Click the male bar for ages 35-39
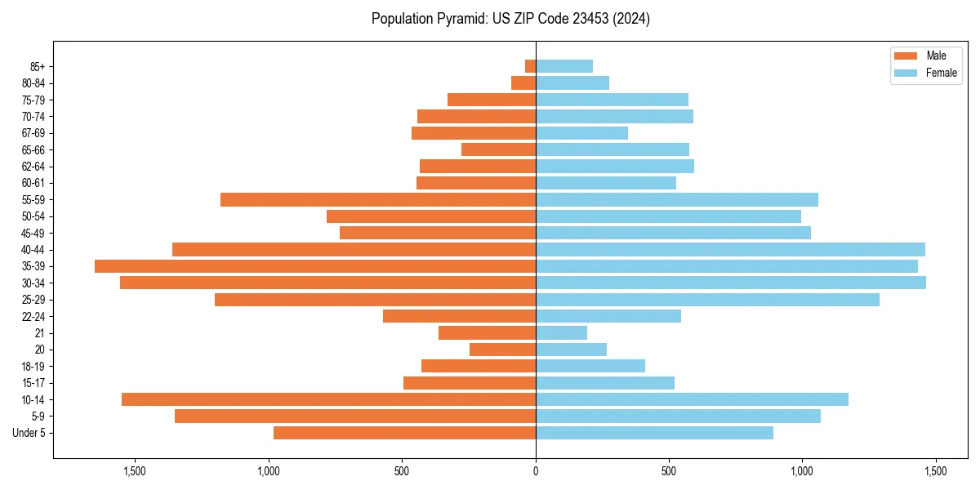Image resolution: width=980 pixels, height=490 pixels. (315, 266)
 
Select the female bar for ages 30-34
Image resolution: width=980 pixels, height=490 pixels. (731, 283)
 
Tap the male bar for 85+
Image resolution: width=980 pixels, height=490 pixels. (530, 66)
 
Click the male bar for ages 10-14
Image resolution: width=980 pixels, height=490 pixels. (328, 399)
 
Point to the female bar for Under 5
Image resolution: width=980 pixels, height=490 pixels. (654, 433)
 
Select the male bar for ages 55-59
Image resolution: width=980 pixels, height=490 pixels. (378, 199)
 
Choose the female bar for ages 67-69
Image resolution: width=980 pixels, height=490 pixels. (581, 133)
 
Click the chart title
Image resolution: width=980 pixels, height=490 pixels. (510, 19)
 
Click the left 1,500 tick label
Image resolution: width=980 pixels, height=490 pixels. (135, 471)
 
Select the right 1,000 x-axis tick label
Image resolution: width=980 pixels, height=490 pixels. (802, 471)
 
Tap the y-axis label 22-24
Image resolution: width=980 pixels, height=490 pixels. (33, 316)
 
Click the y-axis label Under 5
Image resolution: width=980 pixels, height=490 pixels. (29, 433)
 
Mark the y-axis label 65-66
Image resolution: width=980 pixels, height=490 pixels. (33, 149)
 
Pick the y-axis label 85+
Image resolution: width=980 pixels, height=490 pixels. (38, 66)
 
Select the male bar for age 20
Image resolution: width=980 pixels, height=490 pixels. (502, 350)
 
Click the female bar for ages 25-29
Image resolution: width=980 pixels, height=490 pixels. (707, 300)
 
